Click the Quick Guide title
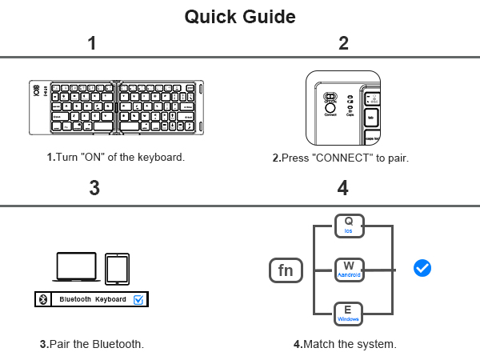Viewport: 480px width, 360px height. tap(240, 16)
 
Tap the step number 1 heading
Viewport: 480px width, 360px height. tap(93, 44)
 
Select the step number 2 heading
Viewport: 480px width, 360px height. tap(343, 44)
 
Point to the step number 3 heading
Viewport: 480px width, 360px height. tap(94, 189)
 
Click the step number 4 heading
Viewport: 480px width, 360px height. tap(343, 189)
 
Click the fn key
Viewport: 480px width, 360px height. tap(286, 270)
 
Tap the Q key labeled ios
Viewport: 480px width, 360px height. tap(349, 226)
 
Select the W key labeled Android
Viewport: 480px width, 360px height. tap(349, 270)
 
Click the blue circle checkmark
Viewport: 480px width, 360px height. tap(422, 268)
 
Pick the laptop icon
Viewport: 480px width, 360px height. tap(77, 267)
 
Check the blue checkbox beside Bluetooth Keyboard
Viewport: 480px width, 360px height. tap(138, 299)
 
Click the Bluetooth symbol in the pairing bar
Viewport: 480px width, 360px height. tap(43, 299)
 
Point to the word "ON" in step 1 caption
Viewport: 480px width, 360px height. tap(90, 158)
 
